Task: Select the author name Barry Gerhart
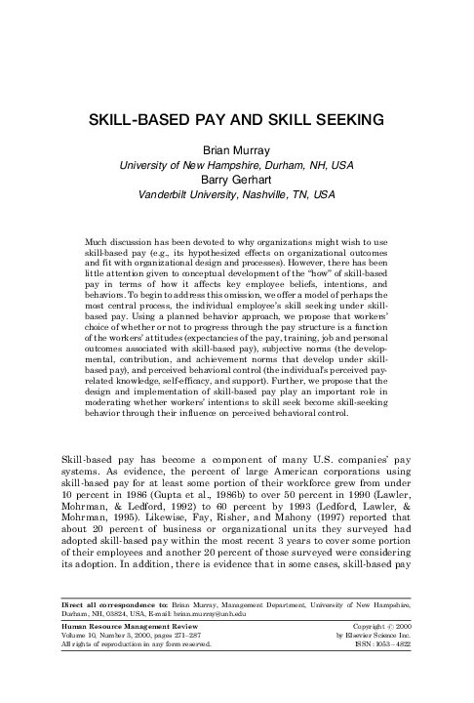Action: [237, 180]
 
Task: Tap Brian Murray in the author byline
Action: [237, 151]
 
